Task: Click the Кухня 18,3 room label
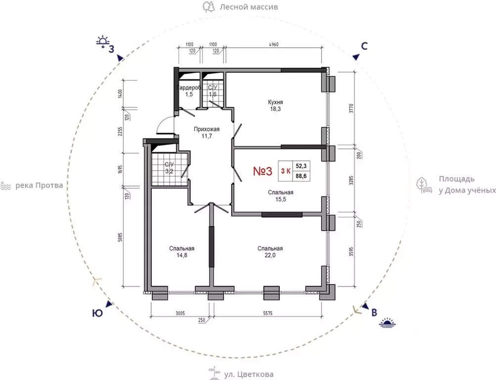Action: [x=275, y=106]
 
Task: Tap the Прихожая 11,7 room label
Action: [x=207, y=133]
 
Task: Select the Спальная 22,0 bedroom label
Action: [x=270, y=252]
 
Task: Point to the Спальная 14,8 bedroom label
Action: [x=181, y=252]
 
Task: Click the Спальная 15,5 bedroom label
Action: [x=280, y=196]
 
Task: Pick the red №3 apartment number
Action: [x=263, y=171]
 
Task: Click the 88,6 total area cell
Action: [x=301, y=176]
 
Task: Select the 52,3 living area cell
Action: [x=301, y=166]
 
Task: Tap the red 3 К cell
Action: [x=286, y=171]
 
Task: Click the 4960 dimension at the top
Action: [x=273, y=45]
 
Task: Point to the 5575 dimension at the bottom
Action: [x=268, y=314]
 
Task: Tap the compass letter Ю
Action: [x=97, y=313]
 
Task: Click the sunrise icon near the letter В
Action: [x=388, y=322]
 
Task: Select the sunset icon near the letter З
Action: [x=102, y=42]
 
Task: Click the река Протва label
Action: [x=39, y=185]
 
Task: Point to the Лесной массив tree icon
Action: [x=209, y=6]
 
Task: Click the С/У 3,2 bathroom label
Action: [x=169, y=168]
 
